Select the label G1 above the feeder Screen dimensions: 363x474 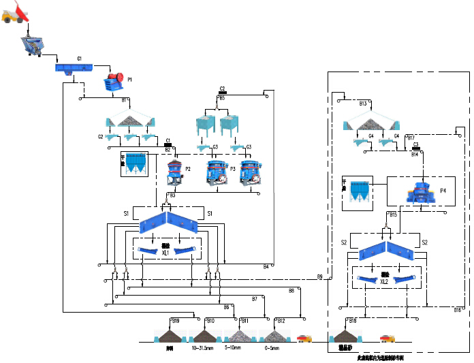point(80,59)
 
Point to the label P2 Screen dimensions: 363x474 point(187,168)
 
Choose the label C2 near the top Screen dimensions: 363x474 point(223,89)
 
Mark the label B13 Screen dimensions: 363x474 point(363,104)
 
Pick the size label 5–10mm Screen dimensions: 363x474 point(236,347)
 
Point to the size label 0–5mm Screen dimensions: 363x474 point(272,347)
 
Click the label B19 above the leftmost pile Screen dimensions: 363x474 point(176,321)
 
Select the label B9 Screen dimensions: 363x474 point(319,276)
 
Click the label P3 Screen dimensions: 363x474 point(232,168)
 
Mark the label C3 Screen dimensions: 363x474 point(415,145)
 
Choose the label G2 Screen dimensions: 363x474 point(100,137)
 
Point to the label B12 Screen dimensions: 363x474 point(281,321)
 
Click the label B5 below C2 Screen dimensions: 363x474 point(222,98)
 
